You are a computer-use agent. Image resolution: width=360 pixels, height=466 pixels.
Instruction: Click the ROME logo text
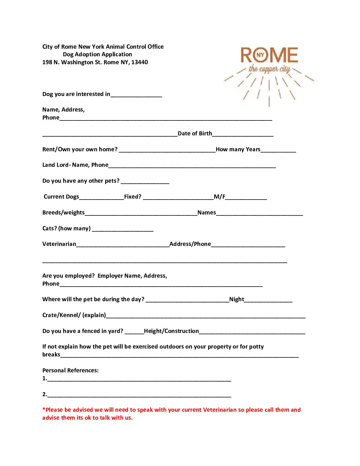[269, 55]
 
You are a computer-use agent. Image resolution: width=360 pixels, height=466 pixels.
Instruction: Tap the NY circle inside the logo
[261, 55]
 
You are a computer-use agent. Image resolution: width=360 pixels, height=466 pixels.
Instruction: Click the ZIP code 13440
[140, 62]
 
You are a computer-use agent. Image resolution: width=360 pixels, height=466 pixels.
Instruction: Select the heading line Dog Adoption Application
[97, 54]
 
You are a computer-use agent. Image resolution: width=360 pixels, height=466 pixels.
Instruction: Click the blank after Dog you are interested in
[136, 95]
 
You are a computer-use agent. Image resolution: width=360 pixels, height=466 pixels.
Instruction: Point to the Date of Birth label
[195, 133]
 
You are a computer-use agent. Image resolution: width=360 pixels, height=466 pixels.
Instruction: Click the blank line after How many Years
[278, 151]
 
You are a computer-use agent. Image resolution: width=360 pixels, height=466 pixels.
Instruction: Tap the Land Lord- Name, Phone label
[75, 165]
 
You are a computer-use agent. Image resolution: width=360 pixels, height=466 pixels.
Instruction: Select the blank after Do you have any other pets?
[145, 182]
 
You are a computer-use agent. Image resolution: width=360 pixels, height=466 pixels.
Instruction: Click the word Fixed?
[133, 197]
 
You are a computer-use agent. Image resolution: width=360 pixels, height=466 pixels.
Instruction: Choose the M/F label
[219, 197]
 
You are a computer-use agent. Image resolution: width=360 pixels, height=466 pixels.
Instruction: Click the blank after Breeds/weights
[141, 214]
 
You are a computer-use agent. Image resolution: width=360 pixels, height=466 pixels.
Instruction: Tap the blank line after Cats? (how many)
[123, 230]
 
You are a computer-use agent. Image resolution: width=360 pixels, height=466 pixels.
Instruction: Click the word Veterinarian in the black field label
[59, 244]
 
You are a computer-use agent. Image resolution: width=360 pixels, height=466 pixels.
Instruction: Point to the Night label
[237, 299]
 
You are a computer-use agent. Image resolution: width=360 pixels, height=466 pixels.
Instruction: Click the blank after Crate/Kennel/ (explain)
[205, 316]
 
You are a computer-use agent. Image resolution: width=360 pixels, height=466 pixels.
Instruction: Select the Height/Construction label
[171, 331]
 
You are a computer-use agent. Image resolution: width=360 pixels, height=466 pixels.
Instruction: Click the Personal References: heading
[70, 370]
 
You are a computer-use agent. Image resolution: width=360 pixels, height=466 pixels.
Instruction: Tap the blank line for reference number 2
[139, 396]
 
